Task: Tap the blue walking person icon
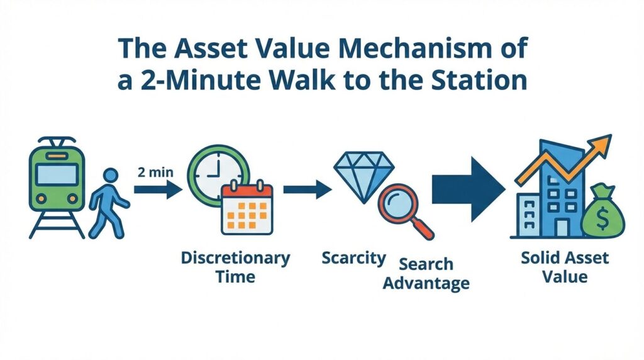108,203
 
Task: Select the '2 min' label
155,172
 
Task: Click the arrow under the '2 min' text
158,189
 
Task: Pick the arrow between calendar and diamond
307,189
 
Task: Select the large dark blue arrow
468,189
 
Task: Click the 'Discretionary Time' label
235,267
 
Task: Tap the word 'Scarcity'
353,258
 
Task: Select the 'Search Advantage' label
426,273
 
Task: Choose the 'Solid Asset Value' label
565,267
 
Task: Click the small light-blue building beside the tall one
529,215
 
